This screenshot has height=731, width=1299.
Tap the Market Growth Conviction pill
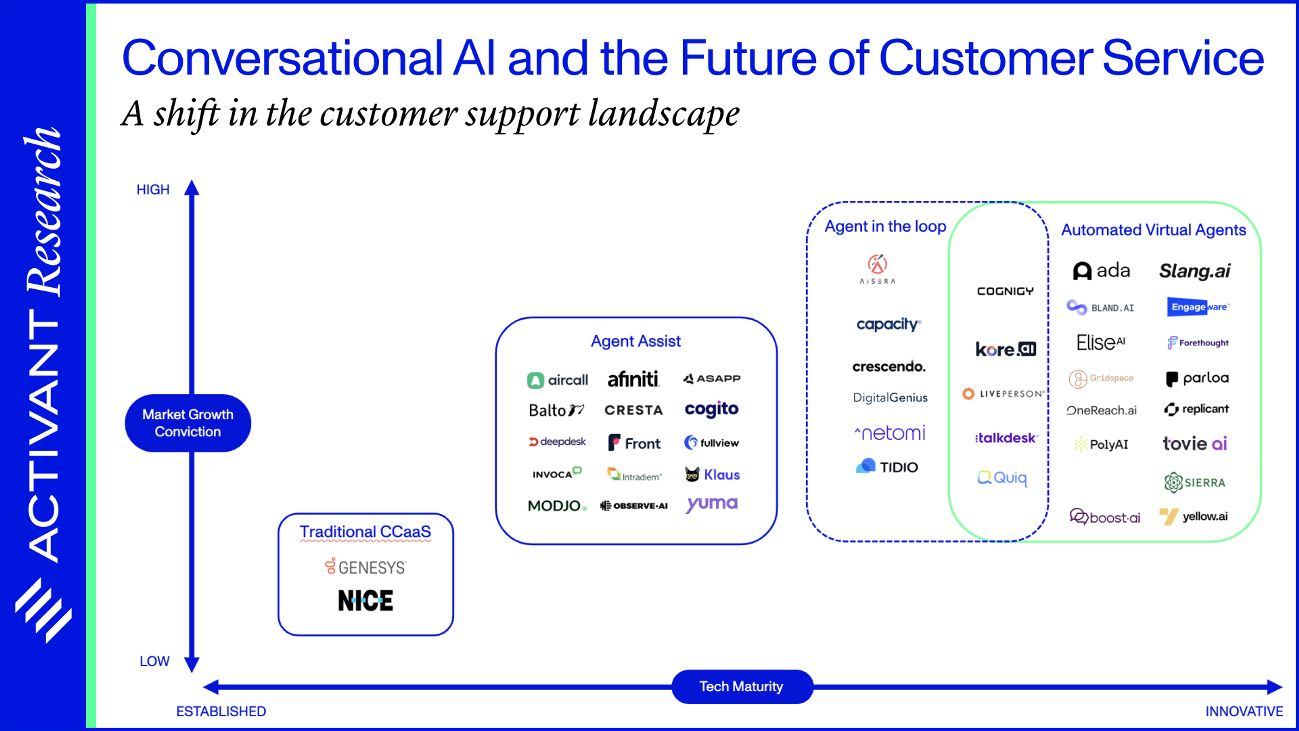188,423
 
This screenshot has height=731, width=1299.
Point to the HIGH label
153,190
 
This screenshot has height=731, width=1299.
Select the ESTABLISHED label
221,711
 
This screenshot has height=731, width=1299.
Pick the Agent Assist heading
635,341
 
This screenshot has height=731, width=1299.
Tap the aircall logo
557,380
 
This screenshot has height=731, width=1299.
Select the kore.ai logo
1005,349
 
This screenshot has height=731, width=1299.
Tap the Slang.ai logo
1194,271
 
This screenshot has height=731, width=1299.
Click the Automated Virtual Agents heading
1153,230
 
